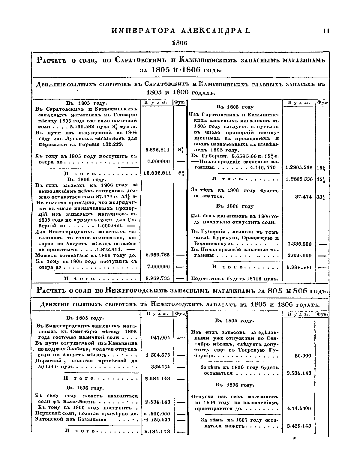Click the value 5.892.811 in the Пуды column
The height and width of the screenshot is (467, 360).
(x=157, y=150)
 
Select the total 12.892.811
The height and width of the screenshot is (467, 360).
(x=157, y=173)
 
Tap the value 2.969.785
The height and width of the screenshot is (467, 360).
(x=157, y=255)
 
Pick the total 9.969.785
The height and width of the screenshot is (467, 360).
(x=157, y=278)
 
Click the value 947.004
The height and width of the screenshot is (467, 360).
(x=160, y=337)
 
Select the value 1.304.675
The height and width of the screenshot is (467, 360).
(x=158, y=355)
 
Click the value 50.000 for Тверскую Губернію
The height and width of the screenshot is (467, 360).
(x=303, y=356)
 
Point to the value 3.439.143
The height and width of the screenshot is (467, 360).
(x=299, y=426)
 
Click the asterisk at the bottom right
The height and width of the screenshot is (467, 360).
(x=294, y=439)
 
